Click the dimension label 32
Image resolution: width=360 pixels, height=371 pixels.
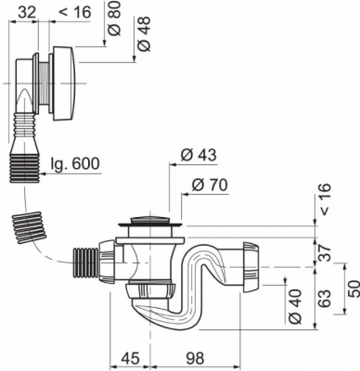click(x=27, y=12)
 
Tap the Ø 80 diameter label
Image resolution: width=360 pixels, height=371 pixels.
click(x=114, y=19)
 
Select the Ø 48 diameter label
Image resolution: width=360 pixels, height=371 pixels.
click(x=144, y=33)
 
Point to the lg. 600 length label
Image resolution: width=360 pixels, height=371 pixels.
click(x=76, y=163)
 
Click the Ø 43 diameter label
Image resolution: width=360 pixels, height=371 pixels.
click(x=199, y=155)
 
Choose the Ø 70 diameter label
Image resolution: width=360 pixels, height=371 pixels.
click(x=210, y=185)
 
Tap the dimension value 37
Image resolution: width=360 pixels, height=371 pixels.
click(x=325, y=252)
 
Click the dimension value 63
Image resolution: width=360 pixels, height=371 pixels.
click(x=325, y=299)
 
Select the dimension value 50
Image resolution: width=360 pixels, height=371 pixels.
click(x=354, y=288)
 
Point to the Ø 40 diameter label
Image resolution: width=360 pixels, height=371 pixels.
click(x=296, y=306)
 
